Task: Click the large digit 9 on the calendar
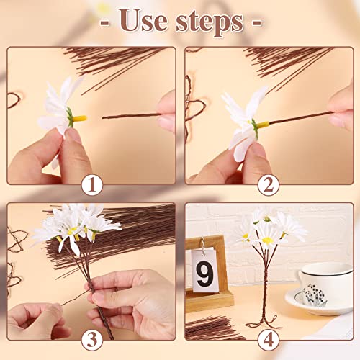(x=204, y=275)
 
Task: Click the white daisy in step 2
(x=240, y=119)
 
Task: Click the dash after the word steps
(x=253, y=22)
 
